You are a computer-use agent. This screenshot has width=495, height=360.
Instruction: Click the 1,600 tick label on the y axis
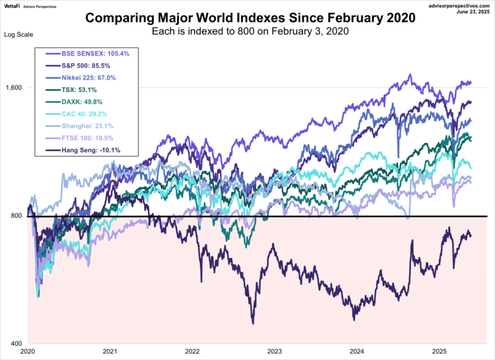pos(15,88)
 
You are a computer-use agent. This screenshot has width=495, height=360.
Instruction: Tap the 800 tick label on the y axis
pos(17,216)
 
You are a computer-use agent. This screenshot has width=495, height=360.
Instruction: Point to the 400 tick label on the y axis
pos(17,344)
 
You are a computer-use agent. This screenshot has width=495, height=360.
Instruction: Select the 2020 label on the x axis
pos(28,353)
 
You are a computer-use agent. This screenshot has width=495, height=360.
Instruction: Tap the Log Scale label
pos(18,34)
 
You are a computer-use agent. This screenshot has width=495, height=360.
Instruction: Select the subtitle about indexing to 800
pos(251,32)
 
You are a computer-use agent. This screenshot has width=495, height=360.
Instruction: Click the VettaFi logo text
pos(13,6)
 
